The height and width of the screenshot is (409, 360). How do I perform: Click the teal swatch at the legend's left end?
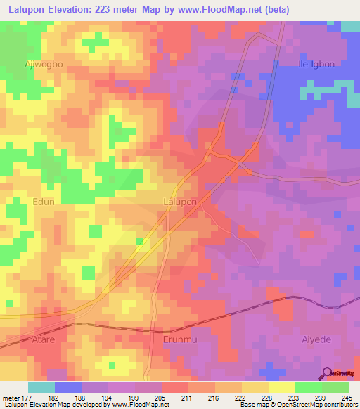tap(41, 387)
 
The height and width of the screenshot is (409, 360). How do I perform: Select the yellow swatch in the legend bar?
tap(281, 387)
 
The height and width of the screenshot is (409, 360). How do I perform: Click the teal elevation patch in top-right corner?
tap(351, 26)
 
